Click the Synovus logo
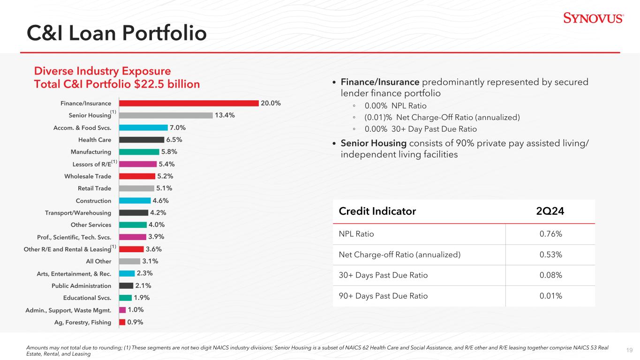tap(593, 18)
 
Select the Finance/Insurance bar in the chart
tap(189, 103)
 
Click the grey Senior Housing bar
tap(166, 115)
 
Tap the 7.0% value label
tap(178, 127)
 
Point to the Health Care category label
tap(95, 140)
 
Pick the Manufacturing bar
tap(139, 152)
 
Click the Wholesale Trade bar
tap(137, 176)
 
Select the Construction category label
tap(94, 201)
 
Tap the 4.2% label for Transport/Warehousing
tap(158, 212)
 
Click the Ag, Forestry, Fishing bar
tap(122, 322)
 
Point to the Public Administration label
tap(82, 286)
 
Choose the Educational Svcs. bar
tap(126, 298)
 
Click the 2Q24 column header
tap(550, 211)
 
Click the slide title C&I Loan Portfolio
tap(116, 33)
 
